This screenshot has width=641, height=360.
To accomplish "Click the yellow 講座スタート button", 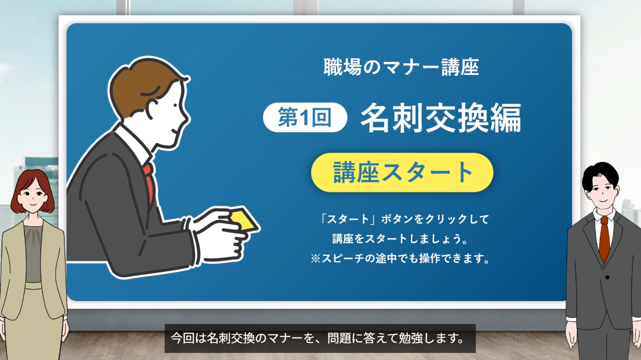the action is pos(402,172).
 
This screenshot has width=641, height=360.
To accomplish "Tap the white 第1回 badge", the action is pos(305,117).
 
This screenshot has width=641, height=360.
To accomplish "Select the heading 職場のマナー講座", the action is pos(401,67).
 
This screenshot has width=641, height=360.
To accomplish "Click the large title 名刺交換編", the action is pos(441,118).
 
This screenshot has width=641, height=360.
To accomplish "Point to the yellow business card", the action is pos(244,220).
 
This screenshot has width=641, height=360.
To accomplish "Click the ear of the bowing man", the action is pos(153,110).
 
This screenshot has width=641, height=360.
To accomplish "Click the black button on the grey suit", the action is pos(607,277).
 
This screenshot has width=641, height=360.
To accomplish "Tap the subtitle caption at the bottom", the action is pos(320,338).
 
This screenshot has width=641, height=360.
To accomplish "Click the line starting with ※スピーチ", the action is pos(400,259).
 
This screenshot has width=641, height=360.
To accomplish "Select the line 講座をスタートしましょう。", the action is pos(400,239).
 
